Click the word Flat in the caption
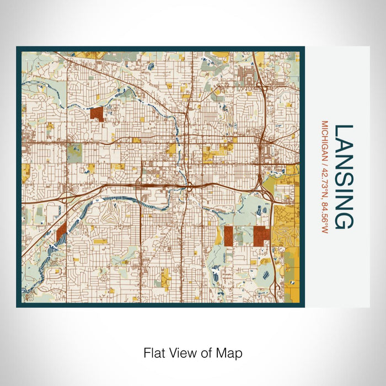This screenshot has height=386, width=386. tap(153, 353)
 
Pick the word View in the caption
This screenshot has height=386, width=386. tap(179, 353)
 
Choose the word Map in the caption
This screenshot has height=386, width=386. tap(230, 353)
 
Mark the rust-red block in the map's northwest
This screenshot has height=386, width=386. tap(97, 114)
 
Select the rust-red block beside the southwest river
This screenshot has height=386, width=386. tap(61, 232)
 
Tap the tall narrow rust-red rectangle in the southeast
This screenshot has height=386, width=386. tap(228, 235)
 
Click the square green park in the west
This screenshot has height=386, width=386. tap(74, 152)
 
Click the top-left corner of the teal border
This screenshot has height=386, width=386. tap(18, 48)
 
